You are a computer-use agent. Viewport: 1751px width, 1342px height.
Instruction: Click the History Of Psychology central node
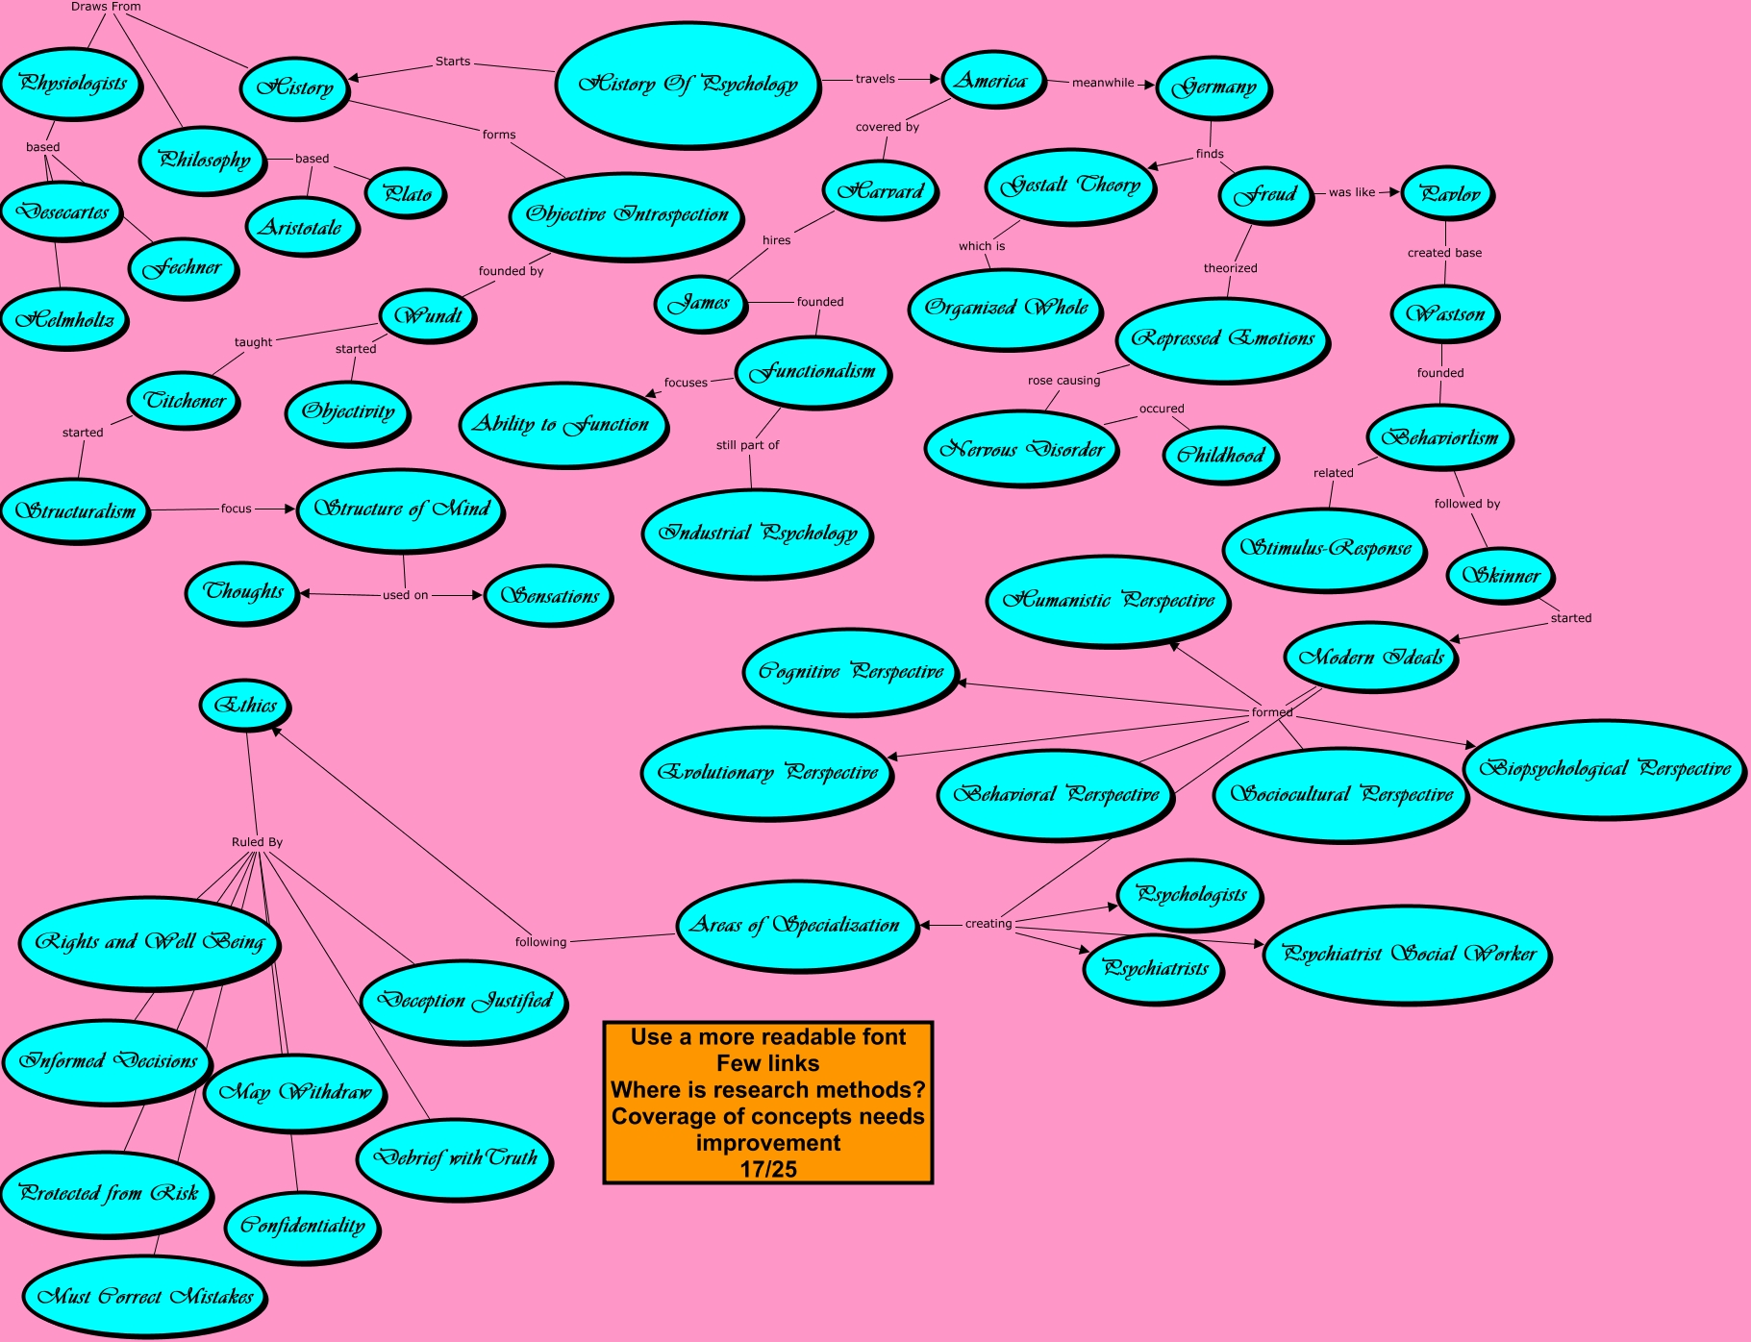click(688, 85)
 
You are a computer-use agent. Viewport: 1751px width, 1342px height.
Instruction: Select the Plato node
click(407, 193)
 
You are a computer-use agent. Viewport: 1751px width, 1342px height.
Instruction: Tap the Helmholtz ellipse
click(64, 319)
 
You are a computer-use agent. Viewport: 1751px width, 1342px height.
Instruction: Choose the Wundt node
click(428, 315)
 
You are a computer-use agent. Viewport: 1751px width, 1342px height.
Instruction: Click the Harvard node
click(880, 190)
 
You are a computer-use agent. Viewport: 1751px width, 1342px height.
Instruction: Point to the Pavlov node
click(1448, 193)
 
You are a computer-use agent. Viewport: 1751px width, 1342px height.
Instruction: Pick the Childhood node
click(1220, 455)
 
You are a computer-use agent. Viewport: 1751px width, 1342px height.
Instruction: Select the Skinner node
click(1500, 575)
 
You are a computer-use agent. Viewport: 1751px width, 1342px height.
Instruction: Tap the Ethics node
click(245, 705)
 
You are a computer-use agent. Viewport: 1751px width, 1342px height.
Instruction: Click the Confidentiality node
click(303, 1225)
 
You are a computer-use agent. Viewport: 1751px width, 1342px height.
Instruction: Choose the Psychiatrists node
click(1154, 968)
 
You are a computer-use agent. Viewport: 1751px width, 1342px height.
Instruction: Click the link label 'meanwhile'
click(1103, 83)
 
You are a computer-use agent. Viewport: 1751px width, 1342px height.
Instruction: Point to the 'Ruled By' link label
click(257, 842)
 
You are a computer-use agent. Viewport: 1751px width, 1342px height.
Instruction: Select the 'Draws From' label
click(106, 7)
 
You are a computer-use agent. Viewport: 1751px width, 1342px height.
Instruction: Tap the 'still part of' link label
click(747, 445)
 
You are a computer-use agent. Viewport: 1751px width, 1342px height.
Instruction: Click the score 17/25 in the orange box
click(768, 1169)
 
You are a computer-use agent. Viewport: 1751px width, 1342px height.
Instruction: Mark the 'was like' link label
click(1351, 192)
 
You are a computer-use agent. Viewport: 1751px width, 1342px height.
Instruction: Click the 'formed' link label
click(1271, 712)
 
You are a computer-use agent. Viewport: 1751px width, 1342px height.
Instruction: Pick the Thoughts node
click(243, 591)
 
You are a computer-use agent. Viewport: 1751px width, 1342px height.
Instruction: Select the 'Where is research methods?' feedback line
click(768, 1089)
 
